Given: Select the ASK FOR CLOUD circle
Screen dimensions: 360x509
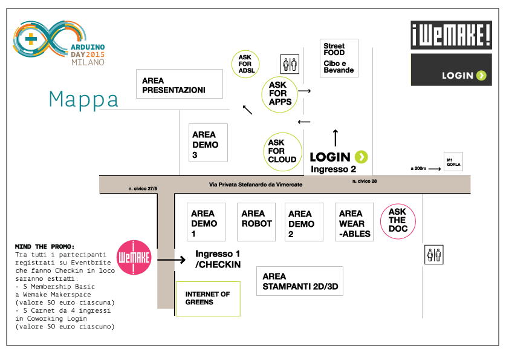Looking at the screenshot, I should [x=282, y=151].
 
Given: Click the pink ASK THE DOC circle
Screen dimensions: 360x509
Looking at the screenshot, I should [x=398, y=221].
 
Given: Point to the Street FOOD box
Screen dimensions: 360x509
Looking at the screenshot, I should [x=339, y=58].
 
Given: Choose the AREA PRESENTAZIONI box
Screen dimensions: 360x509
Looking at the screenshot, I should [x=181, y=83].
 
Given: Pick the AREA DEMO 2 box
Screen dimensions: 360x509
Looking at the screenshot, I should [x=302, y=222].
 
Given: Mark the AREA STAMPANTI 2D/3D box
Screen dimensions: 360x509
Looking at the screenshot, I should [x=299, y=281].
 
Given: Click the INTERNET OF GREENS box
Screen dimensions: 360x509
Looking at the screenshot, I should [x=208, y=298].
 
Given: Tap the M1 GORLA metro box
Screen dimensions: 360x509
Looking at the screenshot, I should [x=453, y=162].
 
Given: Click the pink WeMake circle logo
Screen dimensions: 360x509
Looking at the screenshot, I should [x=132, y=257].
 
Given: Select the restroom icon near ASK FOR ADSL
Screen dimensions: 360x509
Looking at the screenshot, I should [x=289, y=64].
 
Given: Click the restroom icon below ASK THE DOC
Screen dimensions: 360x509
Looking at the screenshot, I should [x=434, y=255].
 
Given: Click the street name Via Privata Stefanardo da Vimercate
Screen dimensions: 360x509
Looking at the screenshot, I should [x=255, y=185].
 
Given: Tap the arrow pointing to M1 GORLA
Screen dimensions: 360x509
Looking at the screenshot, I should [x=433, y=169].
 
